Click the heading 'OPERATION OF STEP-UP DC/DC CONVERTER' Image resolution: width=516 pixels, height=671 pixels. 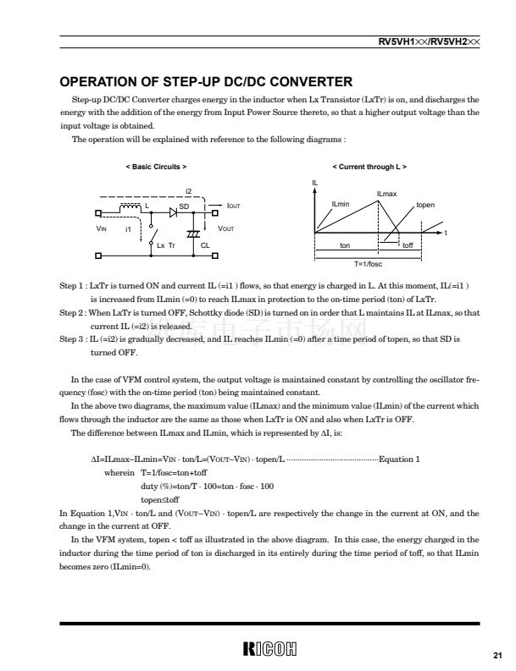click(x=205, y=82)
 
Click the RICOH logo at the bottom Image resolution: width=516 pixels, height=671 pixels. click(x=269, y=649)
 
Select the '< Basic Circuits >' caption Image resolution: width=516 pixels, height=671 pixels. click(x=156, y=168)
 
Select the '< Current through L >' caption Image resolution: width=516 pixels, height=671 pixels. click(x=369, y=168)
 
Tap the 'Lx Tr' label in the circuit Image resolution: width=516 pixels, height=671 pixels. click(x=165, y=245)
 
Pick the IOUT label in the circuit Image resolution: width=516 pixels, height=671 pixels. click(x=234, y=206)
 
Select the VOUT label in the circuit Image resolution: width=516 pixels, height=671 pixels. click(x=226, y=228)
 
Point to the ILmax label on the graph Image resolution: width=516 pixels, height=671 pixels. click(x=386, y=195)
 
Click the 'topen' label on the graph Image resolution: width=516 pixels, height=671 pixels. click(x=425, y=206)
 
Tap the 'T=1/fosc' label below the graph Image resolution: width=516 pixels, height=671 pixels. click(x=369, y=264)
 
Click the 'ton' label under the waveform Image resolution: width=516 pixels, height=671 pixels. click(x=345, y=245)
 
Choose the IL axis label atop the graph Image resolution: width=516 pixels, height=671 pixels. click(x=315, y=183)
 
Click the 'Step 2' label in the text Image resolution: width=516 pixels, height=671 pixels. click(x=71, y=312)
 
